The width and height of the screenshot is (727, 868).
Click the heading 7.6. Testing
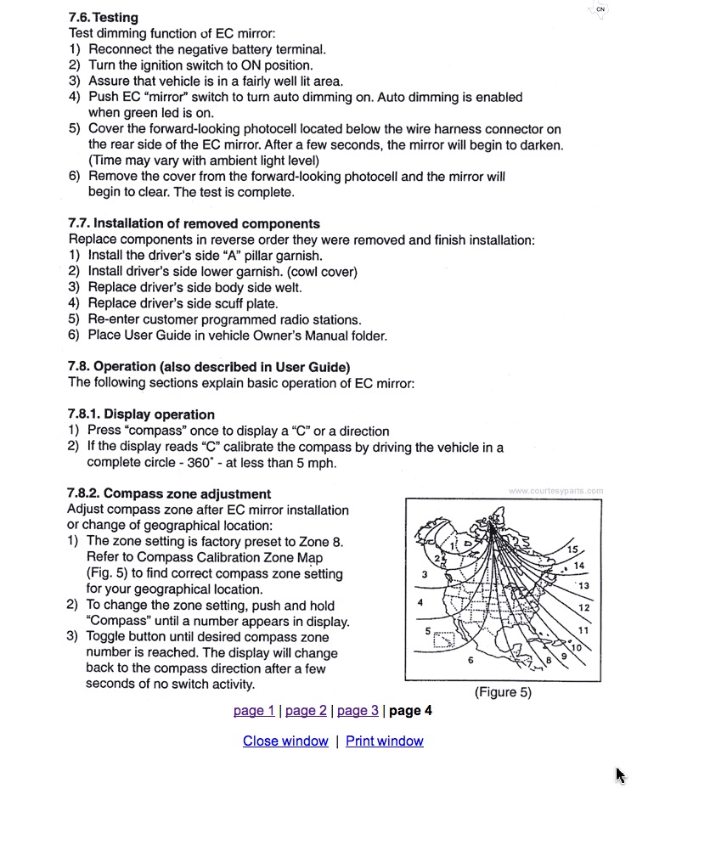[x=103, y=17]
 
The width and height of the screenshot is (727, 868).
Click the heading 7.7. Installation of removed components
[x=194, y=224]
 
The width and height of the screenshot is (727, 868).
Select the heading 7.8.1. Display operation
[x=141, y=414]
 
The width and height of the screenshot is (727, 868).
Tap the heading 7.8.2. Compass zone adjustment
[x=169, y=494]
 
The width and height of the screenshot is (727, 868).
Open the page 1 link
[x=254, y=711]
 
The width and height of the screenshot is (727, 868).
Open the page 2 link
[x=306, y=711]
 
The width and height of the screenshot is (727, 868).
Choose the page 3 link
[x=358, y=711]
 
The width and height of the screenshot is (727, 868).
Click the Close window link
[x=285, y=741]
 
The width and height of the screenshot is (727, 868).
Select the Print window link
[x=384, y=741]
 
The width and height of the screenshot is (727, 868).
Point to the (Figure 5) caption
[x=503, y=692]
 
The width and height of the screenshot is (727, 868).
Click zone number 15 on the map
[x=573, y=550]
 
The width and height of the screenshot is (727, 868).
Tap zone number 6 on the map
[x=471, y=659]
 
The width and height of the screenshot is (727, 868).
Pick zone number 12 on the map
[x=583, y=608]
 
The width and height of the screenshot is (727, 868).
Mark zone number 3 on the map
[x=424, y=575]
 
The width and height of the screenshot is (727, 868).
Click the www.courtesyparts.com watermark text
[x=556, y=491]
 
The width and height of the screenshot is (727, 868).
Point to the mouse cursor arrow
[x=620, y=775]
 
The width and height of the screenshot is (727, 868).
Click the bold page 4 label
[x=410, y=711]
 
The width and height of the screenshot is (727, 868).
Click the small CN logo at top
[x=600, y=10]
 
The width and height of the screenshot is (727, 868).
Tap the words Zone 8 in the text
[x=324, y=542]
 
